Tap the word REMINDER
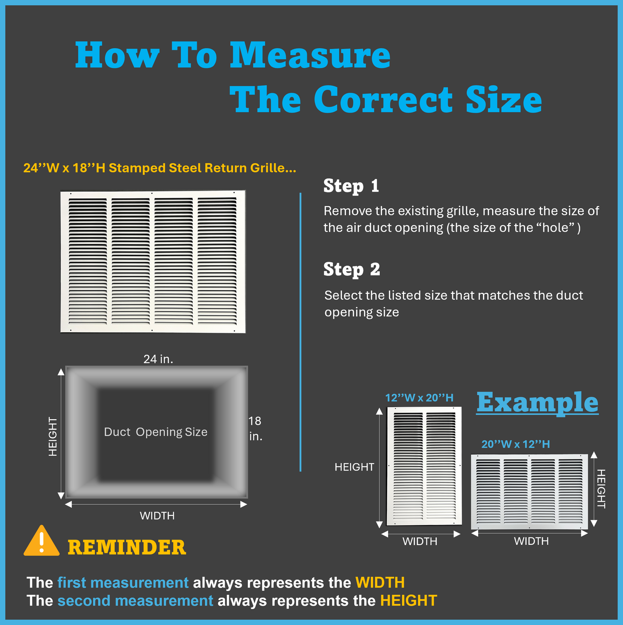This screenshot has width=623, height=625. [127, 548]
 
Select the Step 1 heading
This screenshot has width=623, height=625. [351, 186]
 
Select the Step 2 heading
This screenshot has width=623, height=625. [351, 270]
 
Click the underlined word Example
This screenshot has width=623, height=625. [537, 402]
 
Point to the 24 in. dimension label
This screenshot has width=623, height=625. [158, 359]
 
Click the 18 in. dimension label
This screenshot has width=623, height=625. [255, 428]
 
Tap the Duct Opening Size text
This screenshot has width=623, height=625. [156, 432]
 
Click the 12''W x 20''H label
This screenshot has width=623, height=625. [419, 398]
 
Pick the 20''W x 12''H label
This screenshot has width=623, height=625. [516, 444]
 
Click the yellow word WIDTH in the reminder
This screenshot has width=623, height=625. [380, 583]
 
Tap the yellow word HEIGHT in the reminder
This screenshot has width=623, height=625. [409, 601]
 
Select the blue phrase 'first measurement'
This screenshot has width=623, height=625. [123, 583]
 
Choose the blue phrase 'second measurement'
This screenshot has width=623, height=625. [135, 601]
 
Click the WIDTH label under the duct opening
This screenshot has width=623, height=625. [157, 516]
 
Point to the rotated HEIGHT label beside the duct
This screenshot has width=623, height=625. [53, 437]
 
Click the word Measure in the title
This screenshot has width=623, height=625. [310, 55]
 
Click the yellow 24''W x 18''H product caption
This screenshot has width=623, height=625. [160, 168]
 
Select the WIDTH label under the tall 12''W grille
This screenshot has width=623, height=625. [420, 541]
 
